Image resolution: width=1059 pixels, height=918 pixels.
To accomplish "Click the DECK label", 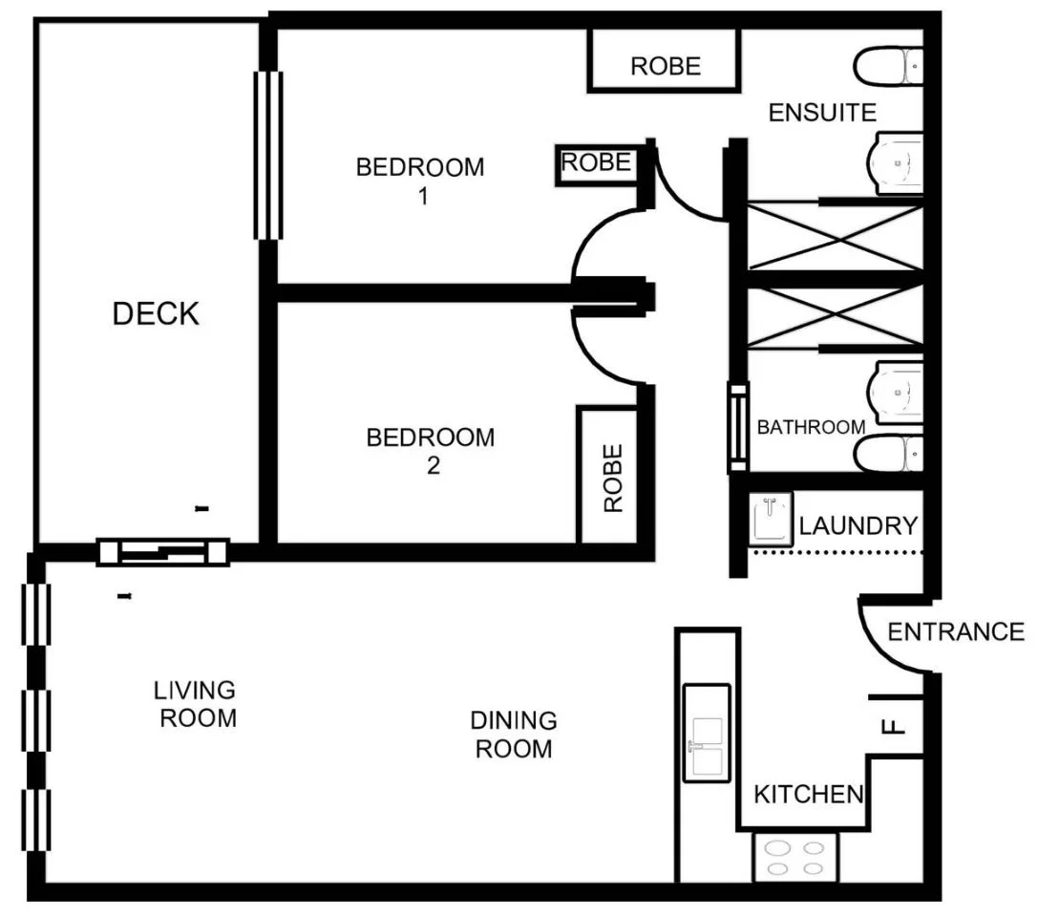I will (x=156, y=313).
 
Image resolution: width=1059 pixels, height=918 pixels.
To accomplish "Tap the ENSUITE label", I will (x=822, y=113).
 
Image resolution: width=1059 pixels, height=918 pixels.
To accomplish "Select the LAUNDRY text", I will (x=858, y=525).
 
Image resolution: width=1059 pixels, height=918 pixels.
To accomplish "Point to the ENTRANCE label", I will (x=955, y=631).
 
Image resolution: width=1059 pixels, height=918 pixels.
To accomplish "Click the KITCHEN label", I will (x=808, y=794).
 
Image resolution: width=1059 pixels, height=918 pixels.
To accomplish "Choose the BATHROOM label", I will (x=811, y=427).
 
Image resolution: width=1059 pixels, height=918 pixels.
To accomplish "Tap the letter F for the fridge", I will (x=894, y=726).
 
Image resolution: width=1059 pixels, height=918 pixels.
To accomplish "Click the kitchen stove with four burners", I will (x=795, y=857).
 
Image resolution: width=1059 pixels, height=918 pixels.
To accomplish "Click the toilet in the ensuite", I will (x=889, y=67).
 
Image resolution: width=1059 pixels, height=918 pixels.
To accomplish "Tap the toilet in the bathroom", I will (x=889, y=455).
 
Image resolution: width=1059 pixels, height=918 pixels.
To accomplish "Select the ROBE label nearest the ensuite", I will (x=665, y=65).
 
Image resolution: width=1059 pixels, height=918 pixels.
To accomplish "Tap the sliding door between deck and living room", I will (x=163, y=551).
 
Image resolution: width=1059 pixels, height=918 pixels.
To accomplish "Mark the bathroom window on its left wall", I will (x=737, y=427).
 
